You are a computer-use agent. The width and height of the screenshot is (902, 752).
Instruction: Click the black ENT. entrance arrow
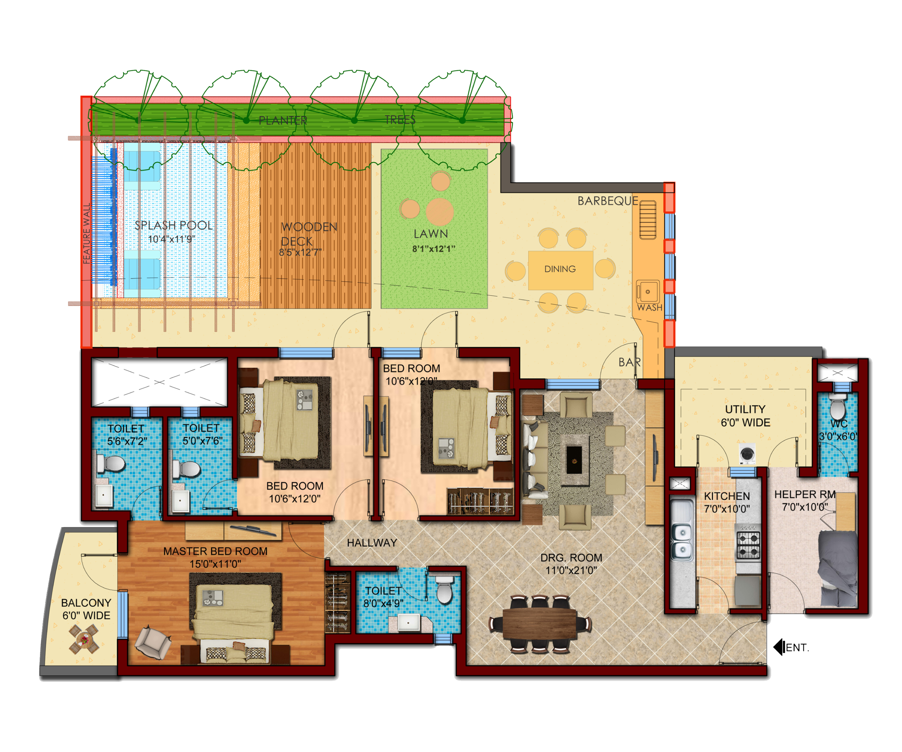tap(778, 647)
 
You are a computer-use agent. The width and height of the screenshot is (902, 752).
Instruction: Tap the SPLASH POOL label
tap(173, 225)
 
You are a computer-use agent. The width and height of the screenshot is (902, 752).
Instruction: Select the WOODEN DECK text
tap(309, 234)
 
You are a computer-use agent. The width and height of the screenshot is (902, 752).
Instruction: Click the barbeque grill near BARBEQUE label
tap(648, 220)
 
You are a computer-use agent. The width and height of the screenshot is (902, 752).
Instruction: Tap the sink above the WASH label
tap(647, 291)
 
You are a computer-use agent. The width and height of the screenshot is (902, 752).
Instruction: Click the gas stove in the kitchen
tap(748, 545)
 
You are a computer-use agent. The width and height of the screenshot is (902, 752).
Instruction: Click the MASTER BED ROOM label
tap(215, 551)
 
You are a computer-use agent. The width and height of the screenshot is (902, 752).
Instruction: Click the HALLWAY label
tap(372, 543)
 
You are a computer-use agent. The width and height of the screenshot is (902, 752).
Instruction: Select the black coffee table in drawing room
tap(574, 460)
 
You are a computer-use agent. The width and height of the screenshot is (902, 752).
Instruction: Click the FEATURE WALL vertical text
tap(87, 233)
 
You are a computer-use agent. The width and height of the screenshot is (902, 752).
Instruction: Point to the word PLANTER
tap(283, 120)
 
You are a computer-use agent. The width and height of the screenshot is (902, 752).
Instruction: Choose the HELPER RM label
tap(805, 494)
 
